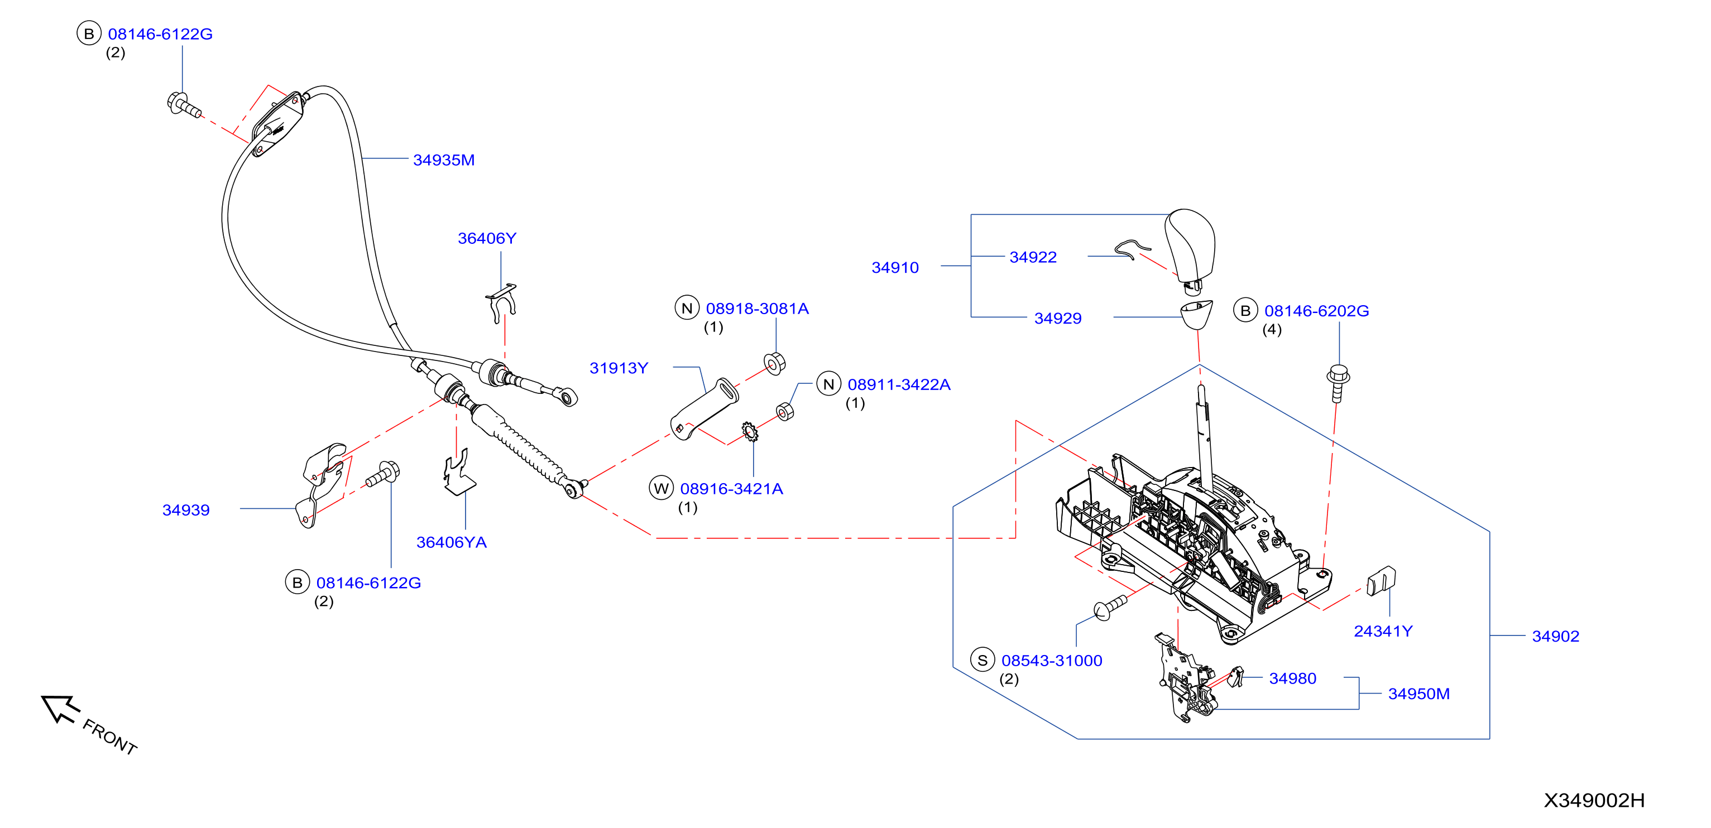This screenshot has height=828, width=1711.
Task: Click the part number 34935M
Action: click(x=444, y=160)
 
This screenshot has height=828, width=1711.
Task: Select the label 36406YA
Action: click(x=452, y=542)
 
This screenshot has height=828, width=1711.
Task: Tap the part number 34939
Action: click(x=186, y=510)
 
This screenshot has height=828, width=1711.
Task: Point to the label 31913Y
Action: click(x=619, y=368)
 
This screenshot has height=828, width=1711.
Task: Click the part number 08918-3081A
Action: click(x=757, y=309)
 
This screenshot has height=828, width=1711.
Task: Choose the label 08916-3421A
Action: click(x=731, y=489)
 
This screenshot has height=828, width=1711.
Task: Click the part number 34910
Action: click(x=895, y=268)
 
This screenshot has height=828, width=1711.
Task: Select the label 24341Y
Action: click(x=1383, y=632)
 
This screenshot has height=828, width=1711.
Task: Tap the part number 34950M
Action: click(x=1418, y=694)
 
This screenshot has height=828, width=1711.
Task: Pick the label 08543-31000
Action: click(x=1052, y=661)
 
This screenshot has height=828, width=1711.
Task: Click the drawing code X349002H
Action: click(x=1594, y=801)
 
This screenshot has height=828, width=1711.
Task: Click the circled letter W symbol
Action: click(x=661, y=489)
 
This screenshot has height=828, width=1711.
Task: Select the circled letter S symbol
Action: click(x=982, y=661)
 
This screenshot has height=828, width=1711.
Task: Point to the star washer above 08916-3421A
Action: click(x=750, y=432)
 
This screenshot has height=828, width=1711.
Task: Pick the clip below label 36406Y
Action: click(x=501, y=304)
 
